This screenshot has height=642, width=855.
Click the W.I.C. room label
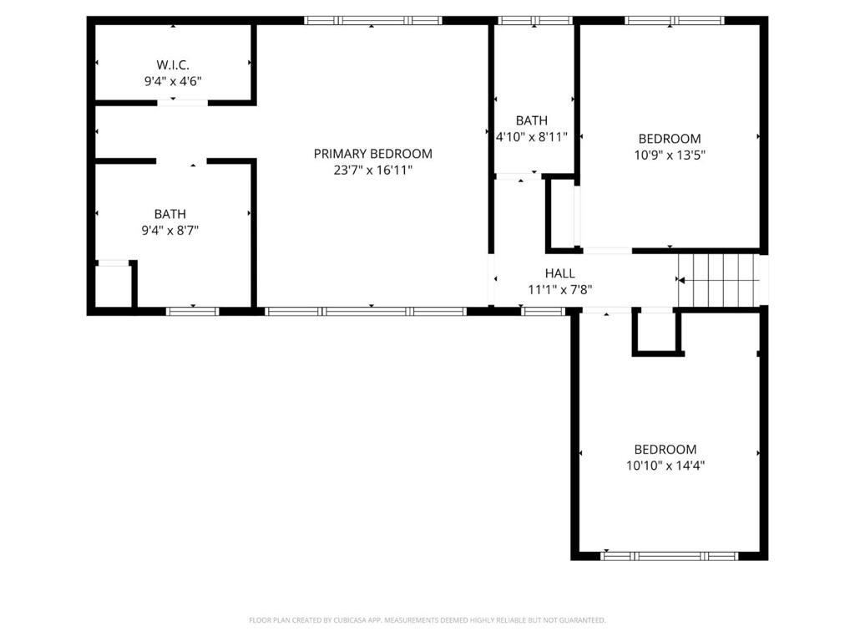point(173,65)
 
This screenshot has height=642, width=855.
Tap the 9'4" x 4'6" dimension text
point(173,81)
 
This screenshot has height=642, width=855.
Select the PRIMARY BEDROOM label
point(373,154)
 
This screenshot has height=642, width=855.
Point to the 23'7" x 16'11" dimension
point(373,171)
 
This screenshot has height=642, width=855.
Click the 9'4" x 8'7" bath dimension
point(170,231)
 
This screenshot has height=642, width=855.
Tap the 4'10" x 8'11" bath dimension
point(532,136)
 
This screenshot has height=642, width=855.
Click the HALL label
point(560,273)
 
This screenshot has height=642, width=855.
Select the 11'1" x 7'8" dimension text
point(560,290)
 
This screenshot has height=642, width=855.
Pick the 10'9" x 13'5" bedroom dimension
point(670,155)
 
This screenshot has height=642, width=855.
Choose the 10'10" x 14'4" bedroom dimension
point(665,466)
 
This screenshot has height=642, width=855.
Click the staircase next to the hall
point(719,281)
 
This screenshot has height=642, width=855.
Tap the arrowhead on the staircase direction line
point(681,280)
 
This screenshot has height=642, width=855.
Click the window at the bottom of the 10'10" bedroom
point(669,556)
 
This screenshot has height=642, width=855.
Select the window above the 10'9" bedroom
point(675,21)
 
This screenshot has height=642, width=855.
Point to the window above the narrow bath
point(535,21)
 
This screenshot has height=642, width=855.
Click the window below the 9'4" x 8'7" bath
point(193,312)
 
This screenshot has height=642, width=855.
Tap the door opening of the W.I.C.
point(183,103)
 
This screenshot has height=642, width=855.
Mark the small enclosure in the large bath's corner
point(113,285)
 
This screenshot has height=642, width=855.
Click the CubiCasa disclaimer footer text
point(427,620)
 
